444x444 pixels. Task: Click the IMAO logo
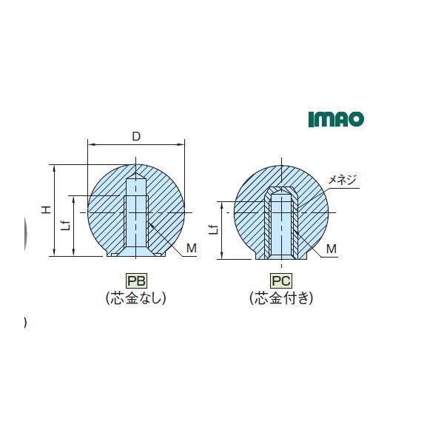click(336, 119)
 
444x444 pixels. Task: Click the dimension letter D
click(136, 137)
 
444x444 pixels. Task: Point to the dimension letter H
click(46, 209)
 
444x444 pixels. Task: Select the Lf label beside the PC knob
click(214, 229)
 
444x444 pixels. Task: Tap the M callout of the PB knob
click(192, 248)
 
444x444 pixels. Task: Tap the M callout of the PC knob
click(332, 249)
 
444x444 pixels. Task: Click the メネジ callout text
click(342, 180)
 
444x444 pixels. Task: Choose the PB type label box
click(136, 280)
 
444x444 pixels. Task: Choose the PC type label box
click(281, 280)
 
